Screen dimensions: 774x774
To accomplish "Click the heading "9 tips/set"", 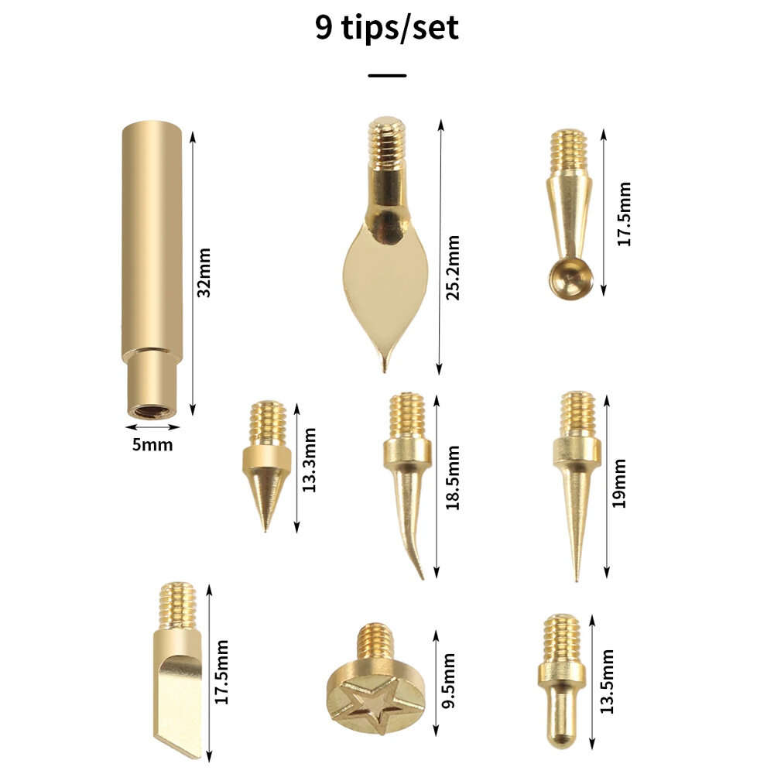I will (387, 28).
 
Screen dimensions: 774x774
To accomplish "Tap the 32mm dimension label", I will (204, 272).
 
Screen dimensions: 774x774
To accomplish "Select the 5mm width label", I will (152, 445).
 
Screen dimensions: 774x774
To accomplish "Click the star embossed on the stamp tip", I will (375, 701).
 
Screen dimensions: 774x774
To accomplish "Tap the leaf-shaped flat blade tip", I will (385, 286).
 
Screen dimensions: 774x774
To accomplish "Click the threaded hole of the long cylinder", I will (153, 411).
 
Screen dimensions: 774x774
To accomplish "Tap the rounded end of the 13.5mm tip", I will (561, 731).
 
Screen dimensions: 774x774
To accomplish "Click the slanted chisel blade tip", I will (180, 704).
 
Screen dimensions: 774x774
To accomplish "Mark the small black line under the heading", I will (387, 76).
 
